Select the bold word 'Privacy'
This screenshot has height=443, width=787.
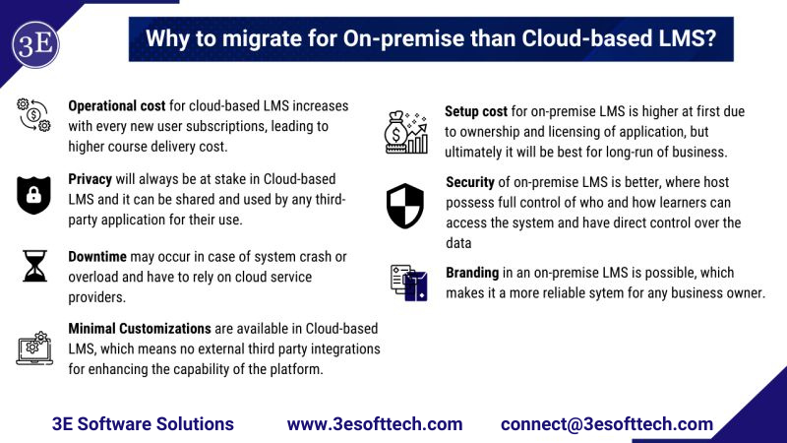point(90,179)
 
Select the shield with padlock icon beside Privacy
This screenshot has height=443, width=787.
point(33,195)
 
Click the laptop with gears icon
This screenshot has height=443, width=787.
point(34,346)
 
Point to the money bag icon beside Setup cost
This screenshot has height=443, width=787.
point(405,131)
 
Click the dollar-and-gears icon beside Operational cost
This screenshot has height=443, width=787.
point(33,115)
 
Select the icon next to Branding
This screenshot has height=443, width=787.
point(405,283)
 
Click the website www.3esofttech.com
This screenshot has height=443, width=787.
point(375,423)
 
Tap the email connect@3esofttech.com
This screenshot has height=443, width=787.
point(606,423)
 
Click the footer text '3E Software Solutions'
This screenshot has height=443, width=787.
point(143,423)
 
